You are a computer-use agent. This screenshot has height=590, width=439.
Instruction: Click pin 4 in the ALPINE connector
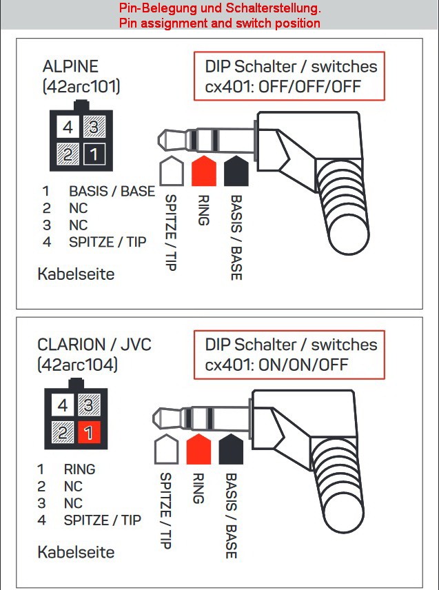pyautogui.click(x=68, y=127)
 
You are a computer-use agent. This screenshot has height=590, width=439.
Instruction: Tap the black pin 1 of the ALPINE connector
pyautogui.click(x=94, y=154)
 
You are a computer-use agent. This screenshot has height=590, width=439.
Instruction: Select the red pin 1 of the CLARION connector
pyautogui.click(x=89, y=432)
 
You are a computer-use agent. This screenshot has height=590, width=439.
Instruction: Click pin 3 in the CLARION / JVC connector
pyautogui.click(x=89, y=405)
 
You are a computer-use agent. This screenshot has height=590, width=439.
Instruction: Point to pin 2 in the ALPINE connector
pyautogui.click(x=68, y=154)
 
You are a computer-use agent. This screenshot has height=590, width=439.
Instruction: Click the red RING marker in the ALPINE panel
pyautogui.click(x=204, y=171)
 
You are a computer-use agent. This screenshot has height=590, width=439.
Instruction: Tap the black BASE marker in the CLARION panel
pyautogui.click(x=231, y=449)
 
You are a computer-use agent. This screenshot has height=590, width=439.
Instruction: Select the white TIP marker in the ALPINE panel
pyautogui.click(x=172, y=171)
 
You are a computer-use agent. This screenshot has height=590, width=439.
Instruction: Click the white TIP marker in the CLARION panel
pyautogui.click(x=166, y=449)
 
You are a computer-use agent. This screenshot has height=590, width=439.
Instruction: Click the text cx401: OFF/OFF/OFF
pyautogui.click(x=283, y=87)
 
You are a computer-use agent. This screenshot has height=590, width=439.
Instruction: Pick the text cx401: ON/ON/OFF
pyautogui.click(x=276, y=365)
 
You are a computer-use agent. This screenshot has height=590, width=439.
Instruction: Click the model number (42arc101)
pyautogui.click(x=81, y=87)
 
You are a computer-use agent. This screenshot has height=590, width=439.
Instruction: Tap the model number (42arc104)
pyautogui.click(x=78, y=365)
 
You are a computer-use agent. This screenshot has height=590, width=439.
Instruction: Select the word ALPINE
pyautogui.click(x=70, y=67)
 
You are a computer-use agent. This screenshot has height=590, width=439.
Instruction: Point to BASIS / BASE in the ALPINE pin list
pyautogui.click(x=112, y=191)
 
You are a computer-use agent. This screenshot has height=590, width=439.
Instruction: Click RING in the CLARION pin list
pyautogui.click(x=80, y=469)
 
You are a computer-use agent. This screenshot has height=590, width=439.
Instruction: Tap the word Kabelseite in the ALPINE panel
pyautogui.click(x=76, y=274)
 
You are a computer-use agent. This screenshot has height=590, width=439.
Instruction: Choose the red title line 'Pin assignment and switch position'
pyautogui.click(x=220, y=23)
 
